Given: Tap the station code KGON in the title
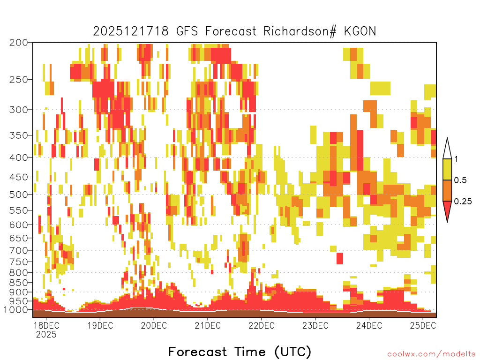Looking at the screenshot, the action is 360,31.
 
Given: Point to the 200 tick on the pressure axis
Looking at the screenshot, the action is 19,43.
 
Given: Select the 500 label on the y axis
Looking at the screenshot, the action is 19,195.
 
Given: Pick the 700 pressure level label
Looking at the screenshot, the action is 19,250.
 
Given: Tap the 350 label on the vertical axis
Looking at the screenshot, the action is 19,135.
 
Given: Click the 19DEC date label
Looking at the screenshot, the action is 100,325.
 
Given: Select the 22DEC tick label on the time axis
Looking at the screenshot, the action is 262,325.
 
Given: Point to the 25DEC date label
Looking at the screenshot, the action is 423,325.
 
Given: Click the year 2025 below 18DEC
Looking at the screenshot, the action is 46,334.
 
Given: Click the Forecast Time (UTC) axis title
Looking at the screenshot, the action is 240,352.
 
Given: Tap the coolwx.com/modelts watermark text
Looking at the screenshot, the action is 431,354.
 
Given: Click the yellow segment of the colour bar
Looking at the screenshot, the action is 447,169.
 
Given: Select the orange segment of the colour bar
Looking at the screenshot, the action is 447,190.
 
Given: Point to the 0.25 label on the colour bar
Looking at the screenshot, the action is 463,202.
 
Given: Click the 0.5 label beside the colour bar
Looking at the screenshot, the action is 460,180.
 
